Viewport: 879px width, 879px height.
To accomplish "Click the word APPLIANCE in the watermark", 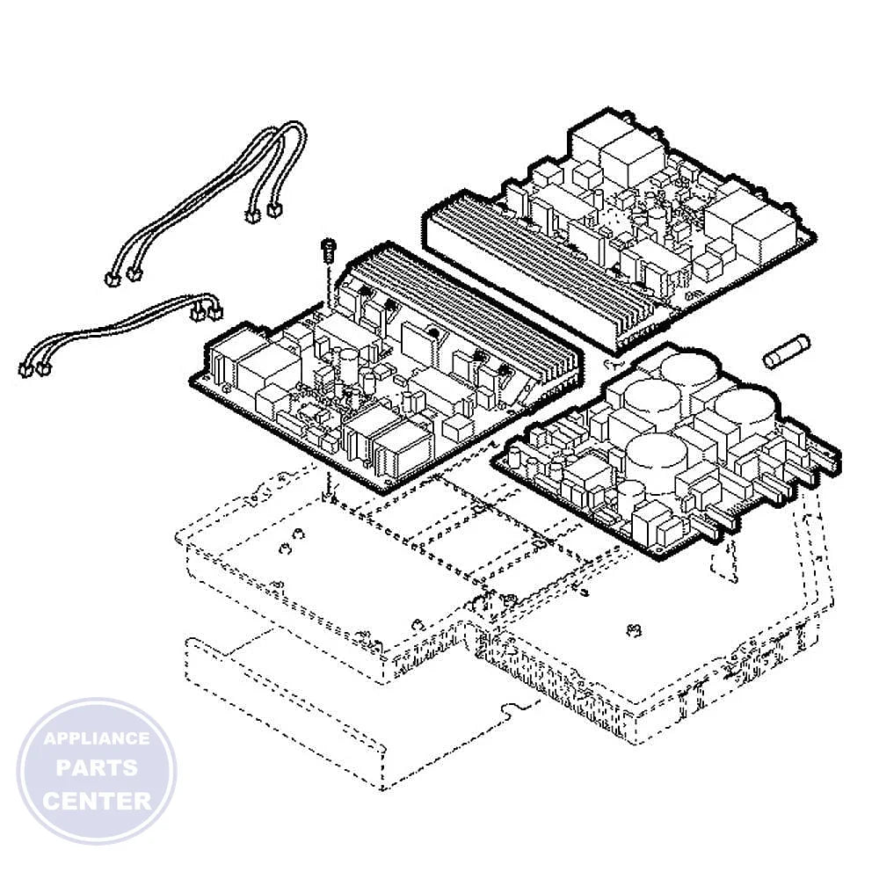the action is click(x=97, y=738).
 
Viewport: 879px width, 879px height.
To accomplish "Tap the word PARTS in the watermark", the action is click(x=97, y=767).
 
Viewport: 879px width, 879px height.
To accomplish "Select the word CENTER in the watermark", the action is click(x=97, y=801).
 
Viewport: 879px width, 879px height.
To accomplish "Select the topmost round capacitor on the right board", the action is click(x=688, y=367).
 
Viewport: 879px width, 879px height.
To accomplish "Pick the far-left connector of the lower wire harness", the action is click(x=25, y=369).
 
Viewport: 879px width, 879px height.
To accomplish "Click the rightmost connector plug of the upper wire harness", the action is click(x=274, y=210).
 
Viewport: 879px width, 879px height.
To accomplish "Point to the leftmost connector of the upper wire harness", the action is click(x=113, y=279).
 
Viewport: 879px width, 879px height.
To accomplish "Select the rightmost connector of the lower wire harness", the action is click(x=215, y=312).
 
